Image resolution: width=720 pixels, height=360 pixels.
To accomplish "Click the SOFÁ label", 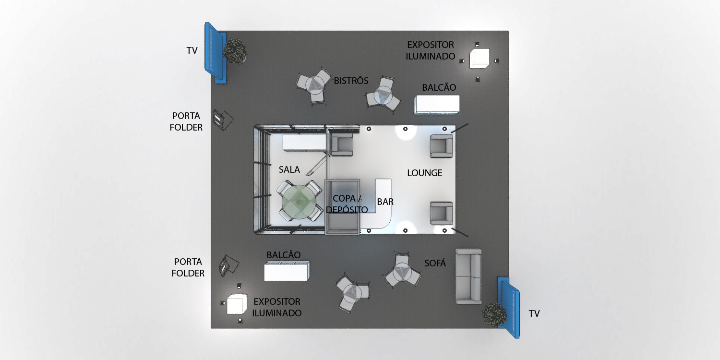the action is (x=435, y=263).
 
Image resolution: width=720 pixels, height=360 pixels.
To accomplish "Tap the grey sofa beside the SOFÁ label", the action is (x=468, y=276).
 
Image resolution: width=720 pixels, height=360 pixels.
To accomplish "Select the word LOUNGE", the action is (x=425, y=173).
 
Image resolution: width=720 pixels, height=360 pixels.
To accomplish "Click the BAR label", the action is (x=385, y=202).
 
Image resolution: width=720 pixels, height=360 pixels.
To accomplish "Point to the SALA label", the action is (x=289, y=169).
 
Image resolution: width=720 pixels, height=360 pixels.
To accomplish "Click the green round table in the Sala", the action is (x=299, y=202).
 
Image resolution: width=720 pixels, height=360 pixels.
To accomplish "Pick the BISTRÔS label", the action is (x=351, y=81).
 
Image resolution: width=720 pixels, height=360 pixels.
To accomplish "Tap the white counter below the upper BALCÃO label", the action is (x=437, y=105).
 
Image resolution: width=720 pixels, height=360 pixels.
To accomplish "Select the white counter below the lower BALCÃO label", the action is (x=287, y=271).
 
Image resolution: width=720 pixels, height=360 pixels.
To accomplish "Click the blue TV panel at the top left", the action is (x=216, y=53).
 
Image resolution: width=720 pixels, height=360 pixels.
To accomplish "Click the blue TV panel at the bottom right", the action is (x=508, y=308).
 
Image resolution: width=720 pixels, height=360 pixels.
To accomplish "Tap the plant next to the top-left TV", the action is (x=235, y=51).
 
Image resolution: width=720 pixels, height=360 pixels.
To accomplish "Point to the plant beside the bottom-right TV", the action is (x=494, y=315).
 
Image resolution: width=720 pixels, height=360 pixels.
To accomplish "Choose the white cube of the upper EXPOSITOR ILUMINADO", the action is (x=479, y=58).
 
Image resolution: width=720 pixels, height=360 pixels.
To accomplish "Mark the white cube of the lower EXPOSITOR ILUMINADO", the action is (x=237, y=304).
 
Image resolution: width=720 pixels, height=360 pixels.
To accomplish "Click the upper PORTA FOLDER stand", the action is (x=223, y=120).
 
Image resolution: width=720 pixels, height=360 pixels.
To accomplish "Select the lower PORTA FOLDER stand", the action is (x=229, y=265).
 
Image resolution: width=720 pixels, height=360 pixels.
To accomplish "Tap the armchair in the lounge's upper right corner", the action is (x=441, y=146).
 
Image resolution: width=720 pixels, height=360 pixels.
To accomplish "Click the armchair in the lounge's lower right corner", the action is (x=441, y=213).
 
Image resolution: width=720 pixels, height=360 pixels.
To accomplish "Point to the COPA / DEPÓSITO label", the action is (x=347, y=204).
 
